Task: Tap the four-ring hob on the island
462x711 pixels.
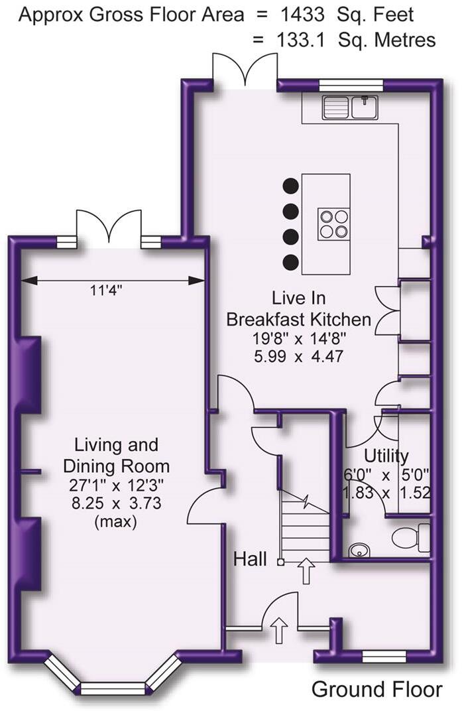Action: click(x=333, y=223)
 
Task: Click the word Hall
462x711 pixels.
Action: click(x=250, y=560)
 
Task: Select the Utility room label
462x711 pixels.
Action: click(x=386, y=456)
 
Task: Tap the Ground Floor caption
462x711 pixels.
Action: click(x=376, y=689)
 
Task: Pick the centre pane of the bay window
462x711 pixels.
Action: click(x=112, y=688)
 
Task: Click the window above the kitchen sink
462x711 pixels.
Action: click(x=351, y=85)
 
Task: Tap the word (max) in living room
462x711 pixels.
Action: click(x=117, y=522)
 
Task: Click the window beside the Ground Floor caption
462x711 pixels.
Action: click(x=384, y=656)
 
